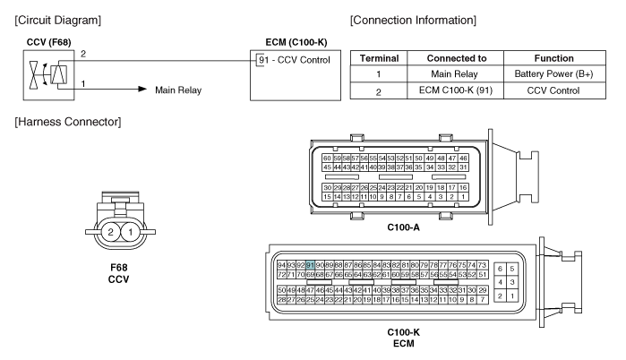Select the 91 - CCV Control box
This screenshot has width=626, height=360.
(x=289, y=60)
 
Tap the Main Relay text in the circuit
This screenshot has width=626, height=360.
(x=178, y=90)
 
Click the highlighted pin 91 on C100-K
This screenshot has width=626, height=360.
(x=310, y=265)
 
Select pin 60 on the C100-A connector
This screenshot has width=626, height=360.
(x=327, y=157)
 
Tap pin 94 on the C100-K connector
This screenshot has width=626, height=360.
(x=281, y=265)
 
